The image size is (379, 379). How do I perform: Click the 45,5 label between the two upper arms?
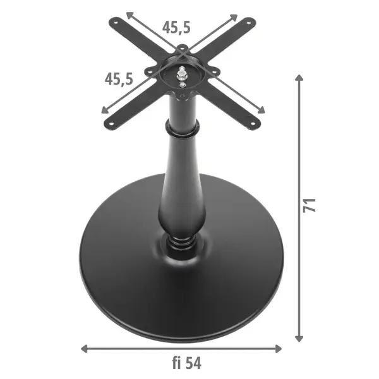coord(176,27)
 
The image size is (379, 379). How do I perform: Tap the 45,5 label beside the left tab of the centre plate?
coord(119,79)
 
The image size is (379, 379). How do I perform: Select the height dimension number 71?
coord(310,205)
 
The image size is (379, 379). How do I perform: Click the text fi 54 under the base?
coord(186,363)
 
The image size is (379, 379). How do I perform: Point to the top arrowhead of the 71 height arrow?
coord(299,78)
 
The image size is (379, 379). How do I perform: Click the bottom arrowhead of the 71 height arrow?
coord(299,339)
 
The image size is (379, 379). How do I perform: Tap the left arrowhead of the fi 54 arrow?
coord(84,349)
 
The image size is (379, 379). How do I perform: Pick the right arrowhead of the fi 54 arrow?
coord(279,349)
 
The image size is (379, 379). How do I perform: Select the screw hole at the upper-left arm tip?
coord(116,23)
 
